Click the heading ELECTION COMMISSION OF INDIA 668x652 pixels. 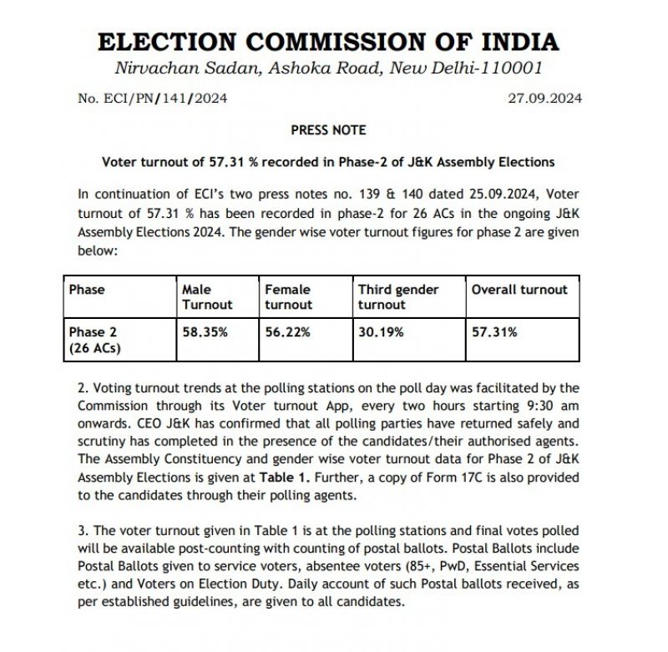pos(328,43)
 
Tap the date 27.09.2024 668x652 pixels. pos(545,99)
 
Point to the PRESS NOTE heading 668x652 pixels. pos(328,130)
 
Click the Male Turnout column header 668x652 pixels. pos(207,297)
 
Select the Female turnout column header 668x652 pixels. pos(288,297)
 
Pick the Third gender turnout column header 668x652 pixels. pos(398,297)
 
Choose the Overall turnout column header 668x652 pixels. pos(519,290)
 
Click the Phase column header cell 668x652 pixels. pos(87,290)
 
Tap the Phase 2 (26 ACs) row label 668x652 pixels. pos(94,340)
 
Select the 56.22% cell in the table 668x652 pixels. pos(288,332)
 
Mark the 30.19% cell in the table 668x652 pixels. pos(382,332)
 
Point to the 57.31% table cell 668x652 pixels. pos(495,332)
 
